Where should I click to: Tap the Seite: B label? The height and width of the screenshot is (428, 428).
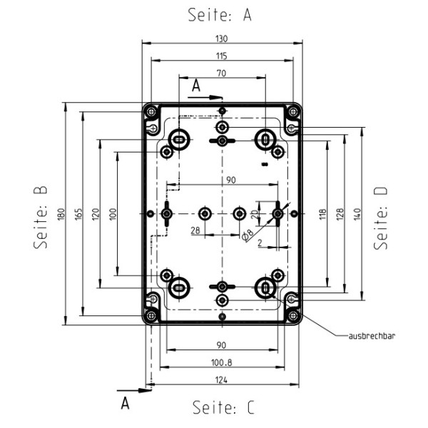pyautogui.click(x=41, y=217)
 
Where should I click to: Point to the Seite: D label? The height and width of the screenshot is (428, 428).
pyautogui.click(x=382, y=218)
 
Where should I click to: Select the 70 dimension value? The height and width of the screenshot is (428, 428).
pyautogui.click(x=221, y=73)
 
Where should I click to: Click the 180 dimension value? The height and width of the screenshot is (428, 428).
pyautogui.click(x=61, y=214)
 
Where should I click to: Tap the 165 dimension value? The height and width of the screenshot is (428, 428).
pyautogui.click(x=78, y=213)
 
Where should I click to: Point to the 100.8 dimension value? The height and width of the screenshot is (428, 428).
pyautogui.click(x=222, y=362)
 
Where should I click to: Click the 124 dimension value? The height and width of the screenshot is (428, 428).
pyautogui.click(x=222, y=380)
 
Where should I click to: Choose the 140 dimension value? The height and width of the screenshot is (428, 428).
pyautogui.click(x=357, y=213)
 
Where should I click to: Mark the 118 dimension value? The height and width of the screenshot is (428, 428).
pyautogui.click(x=322, y=213)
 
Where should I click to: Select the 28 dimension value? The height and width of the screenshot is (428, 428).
pyautogui.click(x=195, y=230)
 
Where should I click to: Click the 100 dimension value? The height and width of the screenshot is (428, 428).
pyautogui.click(x=112, y=213)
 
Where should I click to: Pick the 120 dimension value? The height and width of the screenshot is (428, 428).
pyautogui.click(x=96, y=213)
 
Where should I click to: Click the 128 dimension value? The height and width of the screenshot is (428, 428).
pyautogui.click(x=340, y=213)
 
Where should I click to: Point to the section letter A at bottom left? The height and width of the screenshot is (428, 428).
pyautogui.click(x=126, y=403)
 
